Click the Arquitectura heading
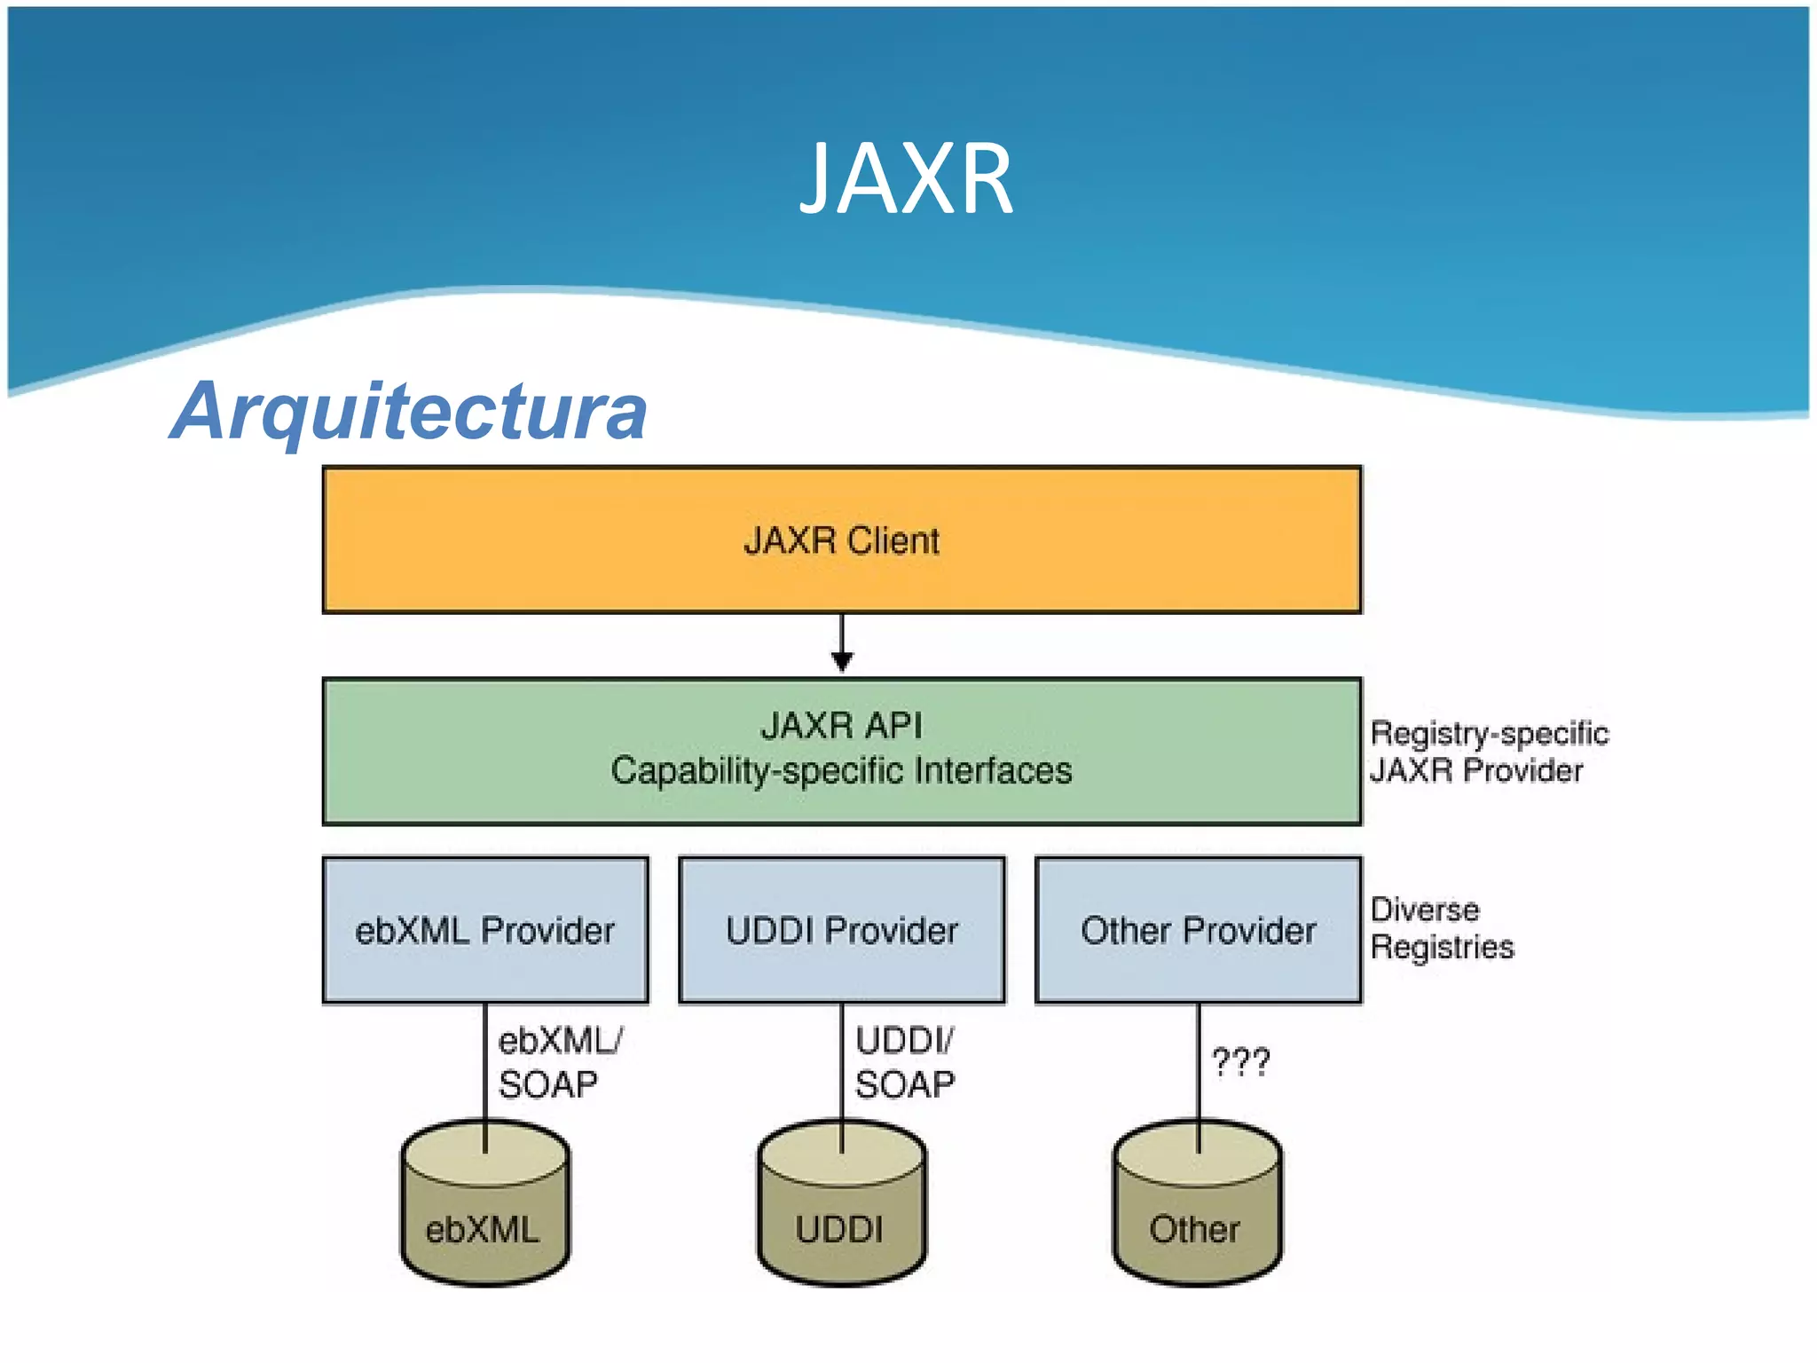coord(409,411)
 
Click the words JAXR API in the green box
coord(841,726)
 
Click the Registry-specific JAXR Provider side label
coord(1488,752)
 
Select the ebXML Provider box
coord(485,930)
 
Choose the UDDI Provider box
coord(841,930)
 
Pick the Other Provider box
coord(1198,930)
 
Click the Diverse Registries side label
coord(1441,928)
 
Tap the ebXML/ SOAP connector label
coord(559,1062)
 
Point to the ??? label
coord(1240,1061)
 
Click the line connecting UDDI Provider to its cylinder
coord(842,1065)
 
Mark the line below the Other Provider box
coord(1199,1065)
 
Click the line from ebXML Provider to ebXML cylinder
coord(485,1065)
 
